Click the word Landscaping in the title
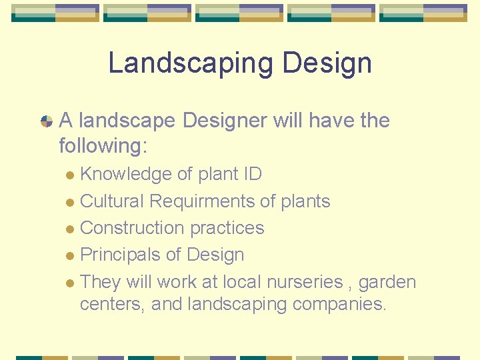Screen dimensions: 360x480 191,63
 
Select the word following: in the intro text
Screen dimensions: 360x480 103,145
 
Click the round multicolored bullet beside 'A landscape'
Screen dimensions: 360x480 47,121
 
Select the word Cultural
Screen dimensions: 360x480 112,201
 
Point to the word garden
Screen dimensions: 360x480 387,282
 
